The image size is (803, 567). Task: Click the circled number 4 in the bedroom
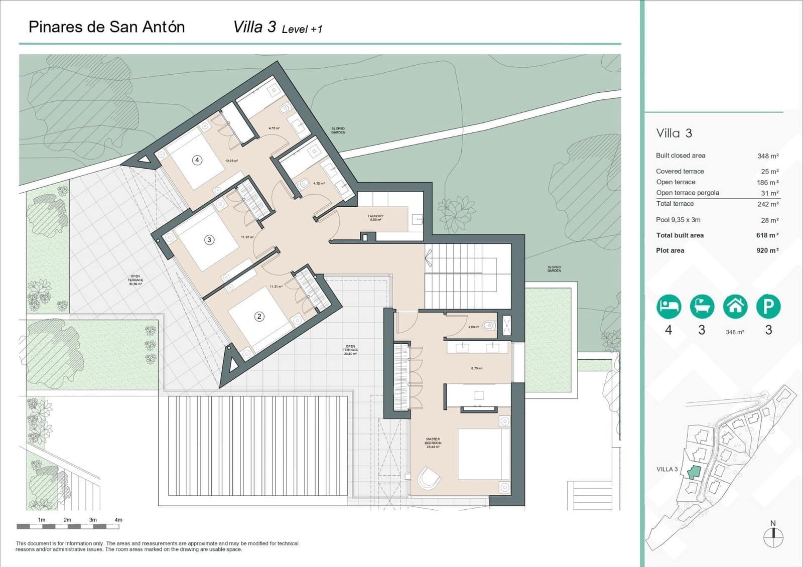tap(197, 160)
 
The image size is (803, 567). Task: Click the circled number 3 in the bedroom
tap(209, 240)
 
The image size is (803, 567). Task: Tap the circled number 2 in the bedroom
tap(259, 316)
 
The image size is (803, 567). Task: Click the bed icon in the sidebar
tap(668, 306)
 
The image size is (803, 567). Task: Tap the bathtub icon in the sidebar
tap(702, 306)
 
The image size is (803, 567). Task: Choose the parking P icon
tap(768, 306)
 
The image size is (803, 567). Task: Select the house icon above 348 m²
tap(735, 306)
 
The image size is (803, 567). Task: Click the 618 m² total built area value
tap(767, 235)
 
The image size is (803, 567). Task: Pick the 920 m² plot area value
tap(767, 250)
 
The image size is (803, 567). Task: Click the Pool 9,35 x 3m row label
tap(678, 220)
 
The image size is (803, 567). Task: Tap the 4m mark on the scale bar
tap(118, 520)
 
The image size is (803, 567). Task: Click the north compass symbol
tap(773, 537)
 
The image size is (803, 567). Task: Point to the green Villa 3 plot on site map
tap(694, 472)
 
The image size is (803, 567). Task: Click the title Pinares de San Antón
tap(106, 27)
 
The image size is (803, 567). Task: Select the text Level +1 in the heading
tap(302, 30)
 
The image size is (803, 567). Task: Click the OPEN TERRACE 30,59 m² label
tap(135, 280)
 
